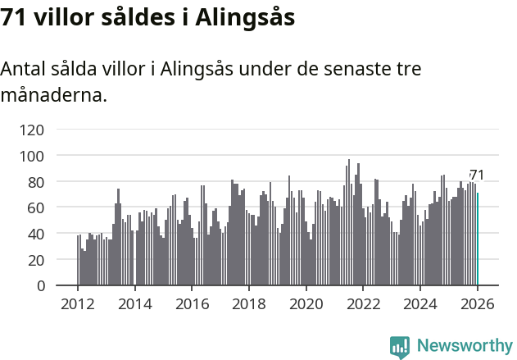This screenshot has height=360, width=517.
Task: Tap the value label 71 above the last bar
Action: (x=477, y=175)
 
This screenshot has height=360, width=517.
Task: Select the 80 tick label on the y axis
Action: (x=35, y=182)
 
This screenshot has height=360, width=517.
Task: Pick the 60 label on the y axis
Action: (x=35, y=208)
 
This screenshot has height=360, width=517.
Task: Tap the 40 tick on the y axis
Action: (x=35, y=234)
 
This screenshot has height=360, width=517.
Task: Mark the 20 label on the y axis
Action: (x=35, y=260)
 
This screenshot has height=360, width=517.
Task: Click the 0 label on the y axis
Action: (x=39, y=286)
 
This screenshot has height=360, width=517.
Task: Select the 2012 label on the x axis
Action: (x=78, y=304)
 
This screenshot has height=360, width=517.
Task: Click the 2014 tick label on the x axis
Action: (x=135, y=304)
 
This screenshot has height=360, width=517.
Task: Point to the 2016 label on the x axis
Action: (x=192, y=304)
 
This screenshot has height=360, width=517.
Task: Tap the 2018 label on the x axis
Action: (x=249, y=304)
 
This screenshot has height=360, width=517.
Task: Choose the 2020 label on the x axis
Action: (x=306, y=304)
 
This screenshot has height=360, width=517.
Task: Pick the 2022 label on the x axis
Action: (x=363, y=304)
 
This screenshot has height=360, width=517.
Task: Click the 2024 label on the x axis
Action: (x=419, y=304)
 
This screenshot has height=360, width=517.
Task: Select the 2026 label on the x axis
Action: (x=477, y=304)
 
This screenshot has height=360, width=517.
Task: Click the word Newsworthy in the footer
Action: (x=464, y=346)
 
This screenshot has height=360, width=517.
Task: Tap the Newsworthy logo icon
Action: (x=400, y=347)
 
